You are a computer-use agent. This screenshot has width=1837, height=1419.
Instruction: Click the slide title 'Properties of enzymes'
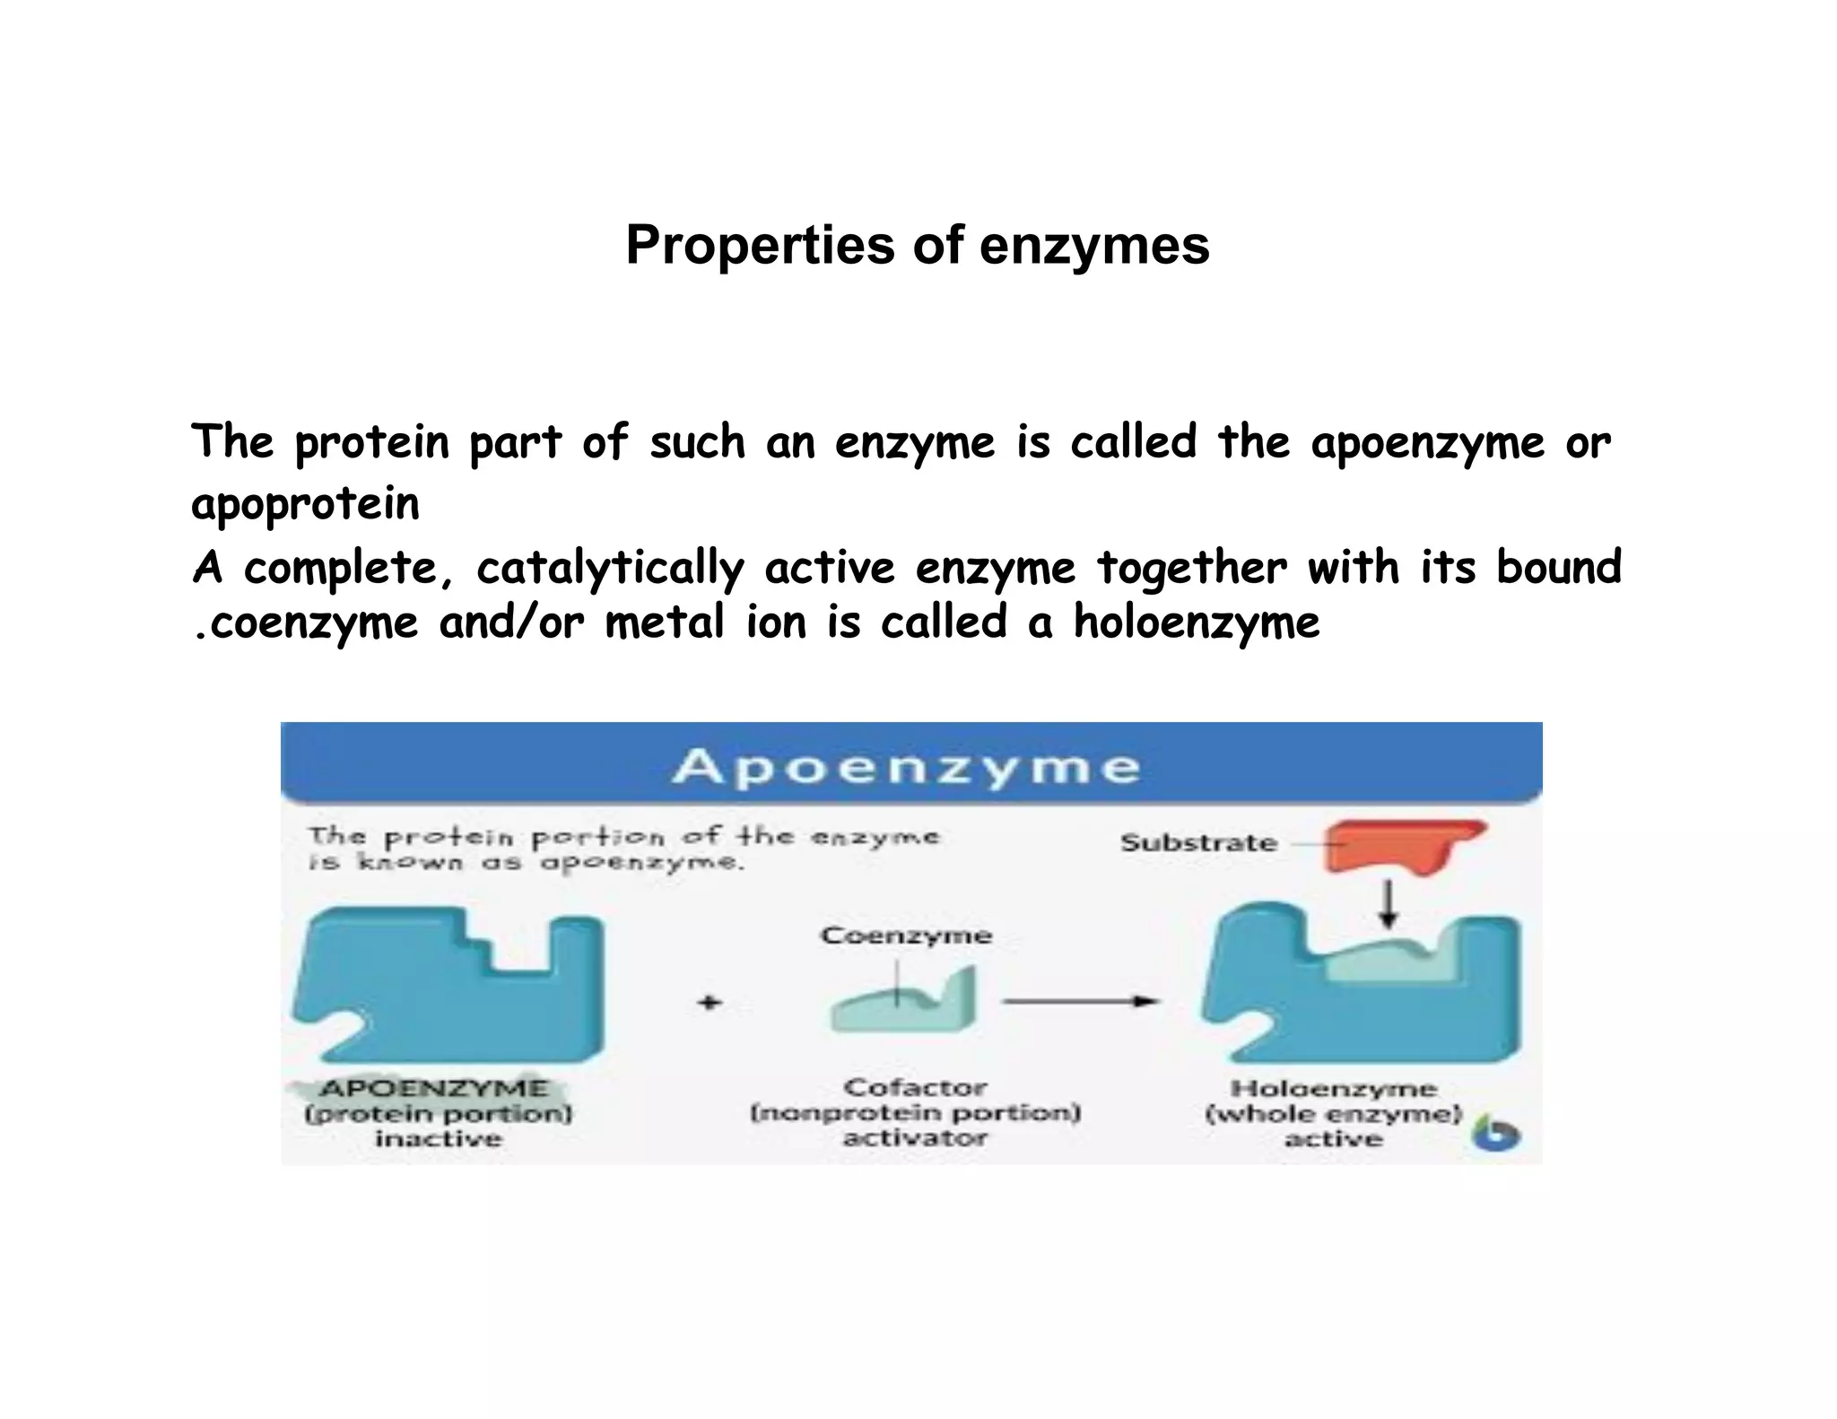tap(917, 245)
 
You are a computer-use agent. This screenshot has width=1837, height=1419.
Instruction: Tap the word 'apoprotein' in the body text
tap(305, 503)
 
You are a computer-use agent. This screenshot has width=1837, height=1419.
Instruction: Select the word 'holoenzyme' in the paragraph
tap(1197, 622)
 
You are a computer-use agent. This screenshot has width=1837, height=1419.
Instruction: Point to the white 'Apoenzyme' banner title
tap(906, 768)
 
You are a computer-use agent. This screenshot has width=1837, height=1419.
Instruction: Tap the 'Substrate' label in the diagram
tap(1198, 843)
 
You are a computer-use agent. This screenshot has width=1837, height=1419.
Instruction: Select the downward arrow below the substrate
tap(1389, 904)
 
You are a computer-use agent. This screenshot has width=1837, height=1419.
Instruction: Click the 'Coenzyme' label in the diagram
tap(906, 936)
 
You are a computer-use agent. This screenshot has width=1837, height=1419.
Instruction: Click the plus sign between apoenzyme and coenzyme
tap(710, 1002)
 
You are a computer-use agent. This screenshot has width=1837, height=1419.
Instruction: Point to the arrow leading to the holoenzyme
tap(1081, 1001)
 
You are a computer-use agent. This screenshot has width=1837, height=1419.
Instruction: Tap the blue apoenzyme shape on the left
tap(448, 987)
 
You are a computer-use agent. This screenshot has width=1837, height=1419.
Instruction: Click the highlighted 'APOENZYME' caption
tap(433, 1088)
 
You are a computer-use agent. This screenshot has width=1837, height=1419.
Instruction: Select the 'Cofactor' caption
tap(915, 1088)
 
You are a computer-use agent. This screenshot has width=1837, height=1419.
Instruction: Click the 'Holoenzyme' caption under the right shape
tap(1334, 1089)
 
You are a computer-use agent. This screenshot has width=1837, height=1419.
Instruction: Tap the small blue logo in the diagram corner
tap(1495, 1135)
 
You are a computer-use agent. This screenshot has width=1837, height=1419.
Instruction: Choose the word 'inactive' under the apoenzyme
tap(439, 1139)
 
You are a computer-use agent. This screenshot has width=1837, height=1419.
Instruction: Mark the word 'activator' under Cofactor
tap(915, 1138)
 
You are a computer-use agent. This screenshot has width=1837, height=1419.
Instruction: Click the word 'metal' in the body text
tap(665, 622)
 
